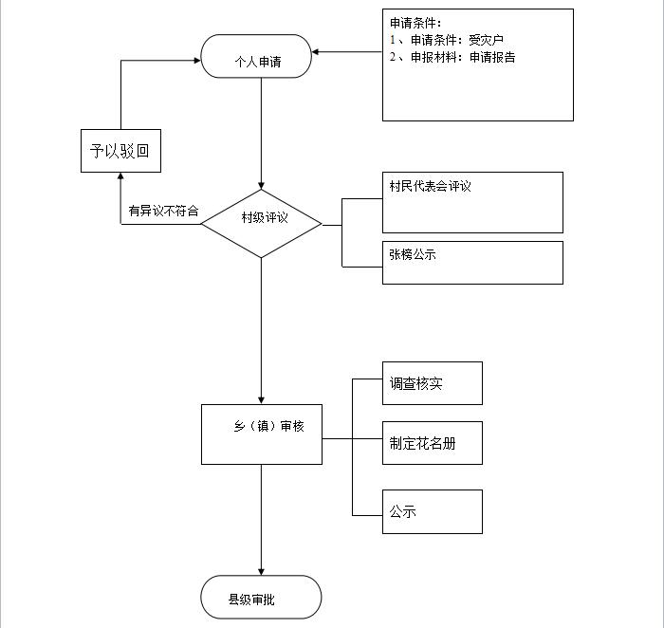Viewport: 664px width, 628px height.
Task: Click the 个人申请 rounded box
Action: point(256,56)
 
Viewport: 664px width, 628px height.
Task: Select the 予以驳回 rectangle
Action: point(120,151)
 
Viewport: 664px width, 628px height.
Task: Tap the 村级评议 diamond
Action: point(261,224)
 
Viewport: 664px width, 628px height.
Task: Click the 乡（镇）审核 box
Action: point(262,434)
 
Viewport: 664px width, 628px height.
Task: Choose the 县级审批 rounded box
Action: point(261,597)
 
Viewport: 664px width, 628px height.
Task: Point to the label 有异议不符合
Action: point(163,211)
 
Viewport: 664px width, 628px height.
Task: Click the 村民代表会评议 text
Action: point(430,186)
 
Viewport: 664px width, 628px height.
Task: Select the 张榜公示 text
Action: point(413,254)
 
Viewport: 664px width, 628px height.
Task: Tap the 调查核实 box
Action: point(433,383)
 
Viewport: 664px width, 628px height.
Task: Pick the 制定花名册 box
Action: point(433,443)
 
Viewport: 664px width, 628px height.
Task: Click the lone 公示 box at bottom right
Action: point(433,511)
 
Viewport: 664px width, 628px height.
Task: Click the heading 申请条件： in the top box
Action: point(415,23)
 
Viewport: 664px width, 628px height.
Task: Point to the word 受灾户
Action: point(486,40)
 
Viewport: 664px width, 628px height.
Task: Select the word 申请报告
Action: point(492,57)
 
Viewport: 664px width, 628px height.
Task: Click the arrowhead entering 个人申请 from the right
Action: point(315,52)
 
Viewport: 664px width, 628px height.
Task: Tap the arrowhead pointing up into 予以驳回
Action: point(120,175)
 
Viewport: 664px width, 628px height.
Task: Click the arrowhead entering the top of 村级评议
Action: point(261,186)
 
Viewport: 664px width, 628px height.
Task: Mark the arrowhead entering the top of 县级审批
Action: point(261,572)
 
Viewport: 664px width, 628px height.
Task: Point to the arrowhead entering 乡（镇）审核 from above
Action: point(261,401)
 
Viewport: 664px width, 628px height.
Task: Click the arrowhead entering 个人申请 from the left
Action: point(197,61)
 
